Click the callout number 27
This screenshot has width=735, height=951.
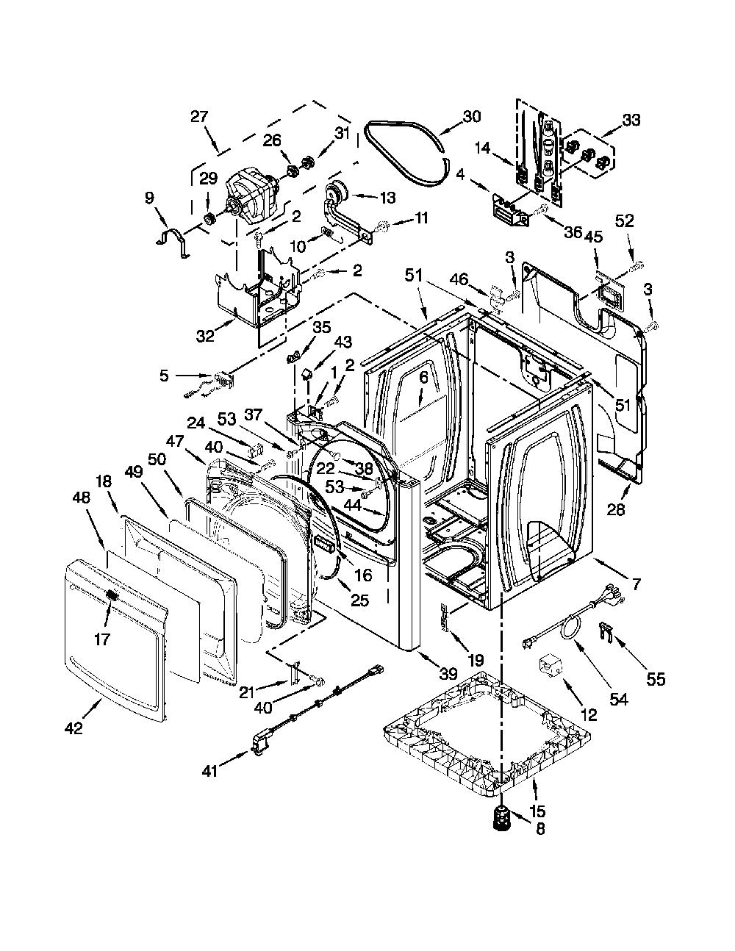[x=200, y=117]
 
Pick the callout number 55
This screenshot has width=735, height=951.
[x=656, y=679]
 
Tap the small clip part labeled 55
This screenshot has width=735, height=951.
[x=604, y=631]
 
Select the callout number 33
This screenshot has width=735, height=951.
[x=631, y=121]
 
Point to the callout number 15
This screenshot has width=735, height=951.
[x=538, y=811]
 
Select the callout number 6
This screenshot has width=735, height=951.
[x=423, y=378]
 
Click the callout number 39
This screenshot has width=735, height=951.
[x=448, y=673]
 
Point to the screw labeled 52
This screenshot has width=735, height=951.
[x=636, y=265]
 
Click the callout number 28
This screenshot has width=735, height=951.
[x=616, y=509]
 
